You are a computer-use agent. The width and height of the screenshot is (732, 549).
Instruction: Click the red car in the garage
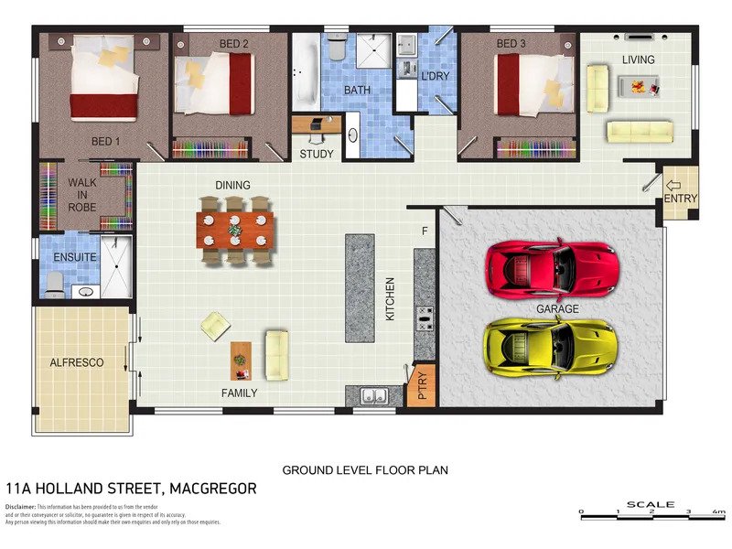click(553, 267)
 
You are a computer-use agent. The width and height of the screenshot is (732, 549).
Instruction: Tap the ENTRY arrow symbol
click(679, 187)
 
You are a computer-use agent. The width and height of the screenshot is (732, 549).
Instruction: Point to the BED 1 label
click(105, 141)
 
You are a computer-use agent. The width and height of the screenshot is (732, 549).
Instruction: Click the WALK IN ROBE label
click(82, 195)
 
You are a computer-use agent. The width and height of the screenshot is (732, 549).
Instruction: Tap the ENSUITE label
click(74, 257)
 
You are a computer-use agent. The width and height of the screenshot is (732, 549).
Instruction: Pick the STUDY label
click(317, 154)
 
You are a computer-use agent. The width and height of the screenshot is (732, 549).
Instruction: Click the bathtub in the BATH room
click(304, 69)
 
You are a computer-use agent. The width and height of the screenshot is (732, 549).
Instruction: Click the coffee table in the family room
click(240, 360)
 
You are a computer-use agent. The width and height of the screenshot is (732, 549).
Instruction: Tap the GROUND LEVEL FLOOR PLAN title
click(364, 469)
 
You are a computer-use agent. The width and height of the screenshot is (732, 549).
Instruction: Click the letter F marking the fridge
click(425, 231)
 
